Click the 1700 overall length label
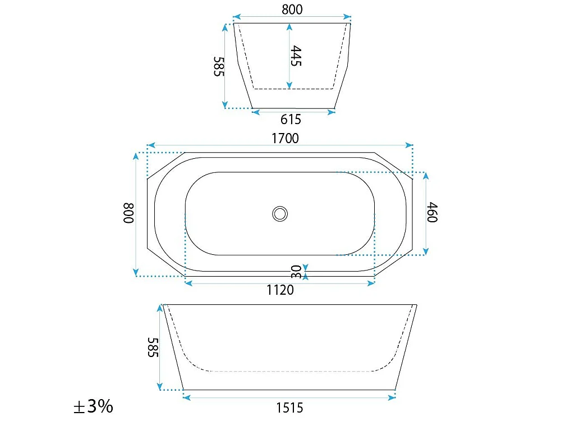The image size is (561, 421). point(285,138)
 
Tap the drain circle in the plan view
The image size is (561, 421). point(280,214)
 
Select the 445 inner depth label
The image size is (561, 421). point(296,56)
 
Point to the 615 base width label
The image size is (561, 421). point(291,119)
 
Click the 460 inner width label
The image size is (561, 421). point(432,212)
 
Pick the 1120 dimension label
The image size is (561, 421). point(280,290)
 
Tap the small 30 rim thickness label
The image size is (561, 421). point(296,272)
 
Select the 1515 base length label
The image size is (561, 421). point(289,408)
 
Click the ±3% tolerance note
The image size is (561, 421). point(93,406)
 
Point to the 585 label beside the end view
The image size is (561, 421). point(219,66)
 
